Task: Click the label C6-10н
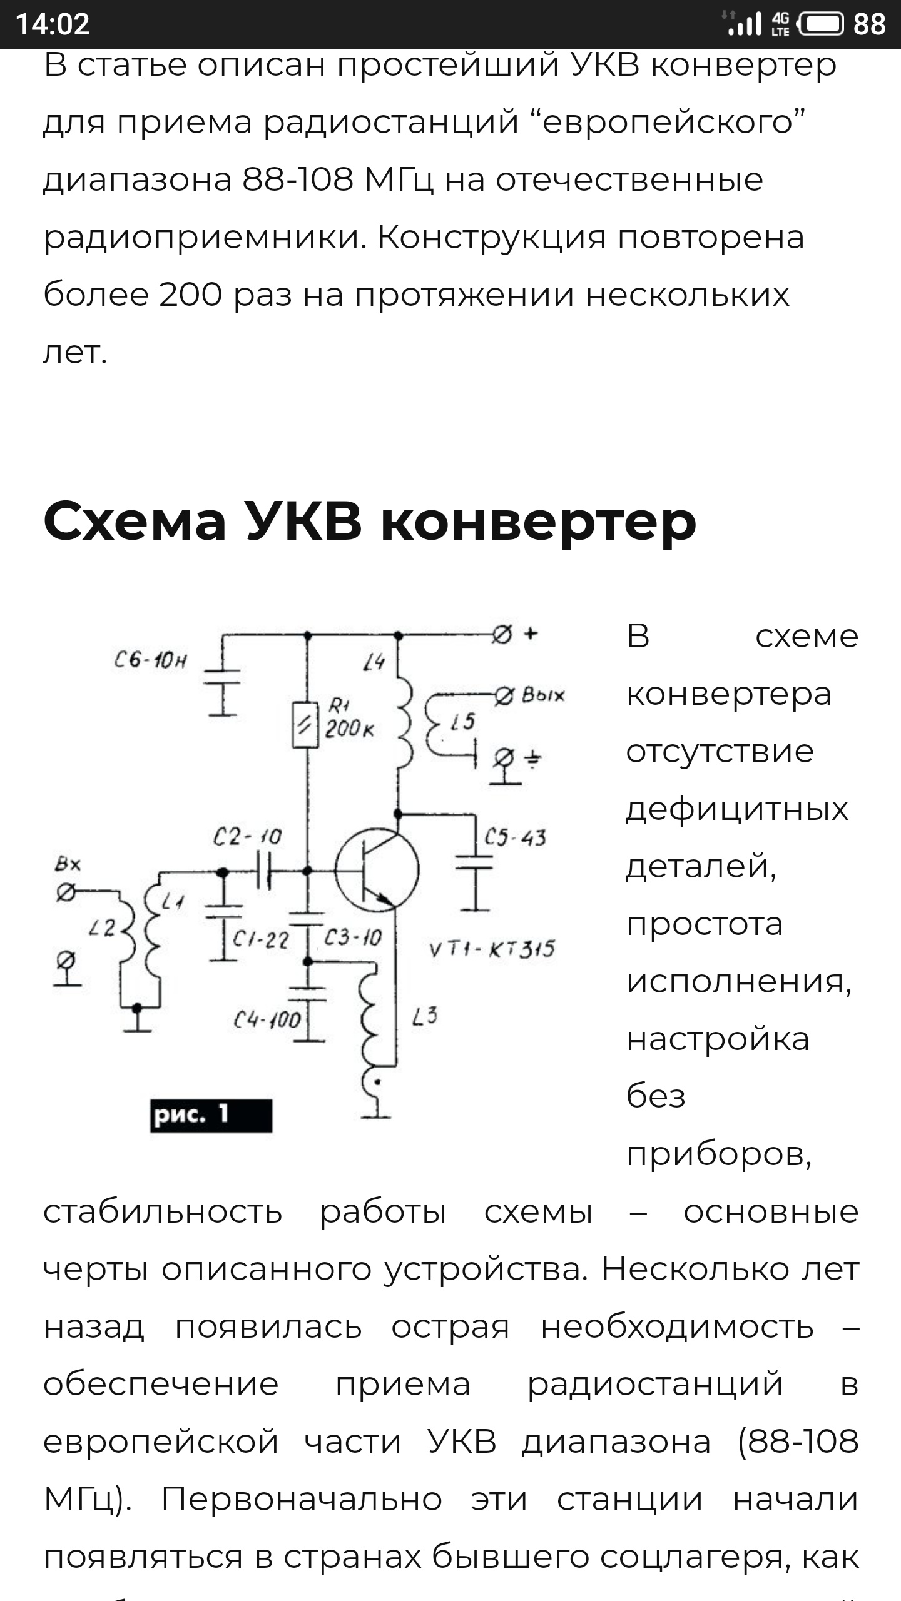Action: tap(151, 661)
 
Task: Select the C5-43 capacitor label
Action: tap(515, 837)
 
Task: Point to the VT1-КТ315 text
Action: tap(492, 949)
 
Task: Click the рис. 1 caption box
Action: tap(211, 1116)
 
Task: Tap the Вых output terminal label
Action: tap(542, 695)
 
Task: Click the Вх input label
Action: tap(68, 864)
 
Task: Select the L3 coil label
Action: tap(425, 1016)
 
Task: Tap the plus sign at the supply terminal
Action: tap(531, 634)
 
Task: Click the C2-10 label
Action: tap(247, 837)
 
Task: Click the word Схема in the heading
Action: tap(135, 522)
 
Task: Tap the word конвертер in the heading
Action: tap(538, 522)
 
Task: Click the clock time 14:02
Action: tap(53, 24)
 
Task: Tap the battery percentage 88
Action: tap(869, 24)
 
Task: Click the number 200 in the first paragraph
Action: tap(190, 295)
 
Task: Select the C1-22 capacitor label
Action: tap(261, 939)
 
